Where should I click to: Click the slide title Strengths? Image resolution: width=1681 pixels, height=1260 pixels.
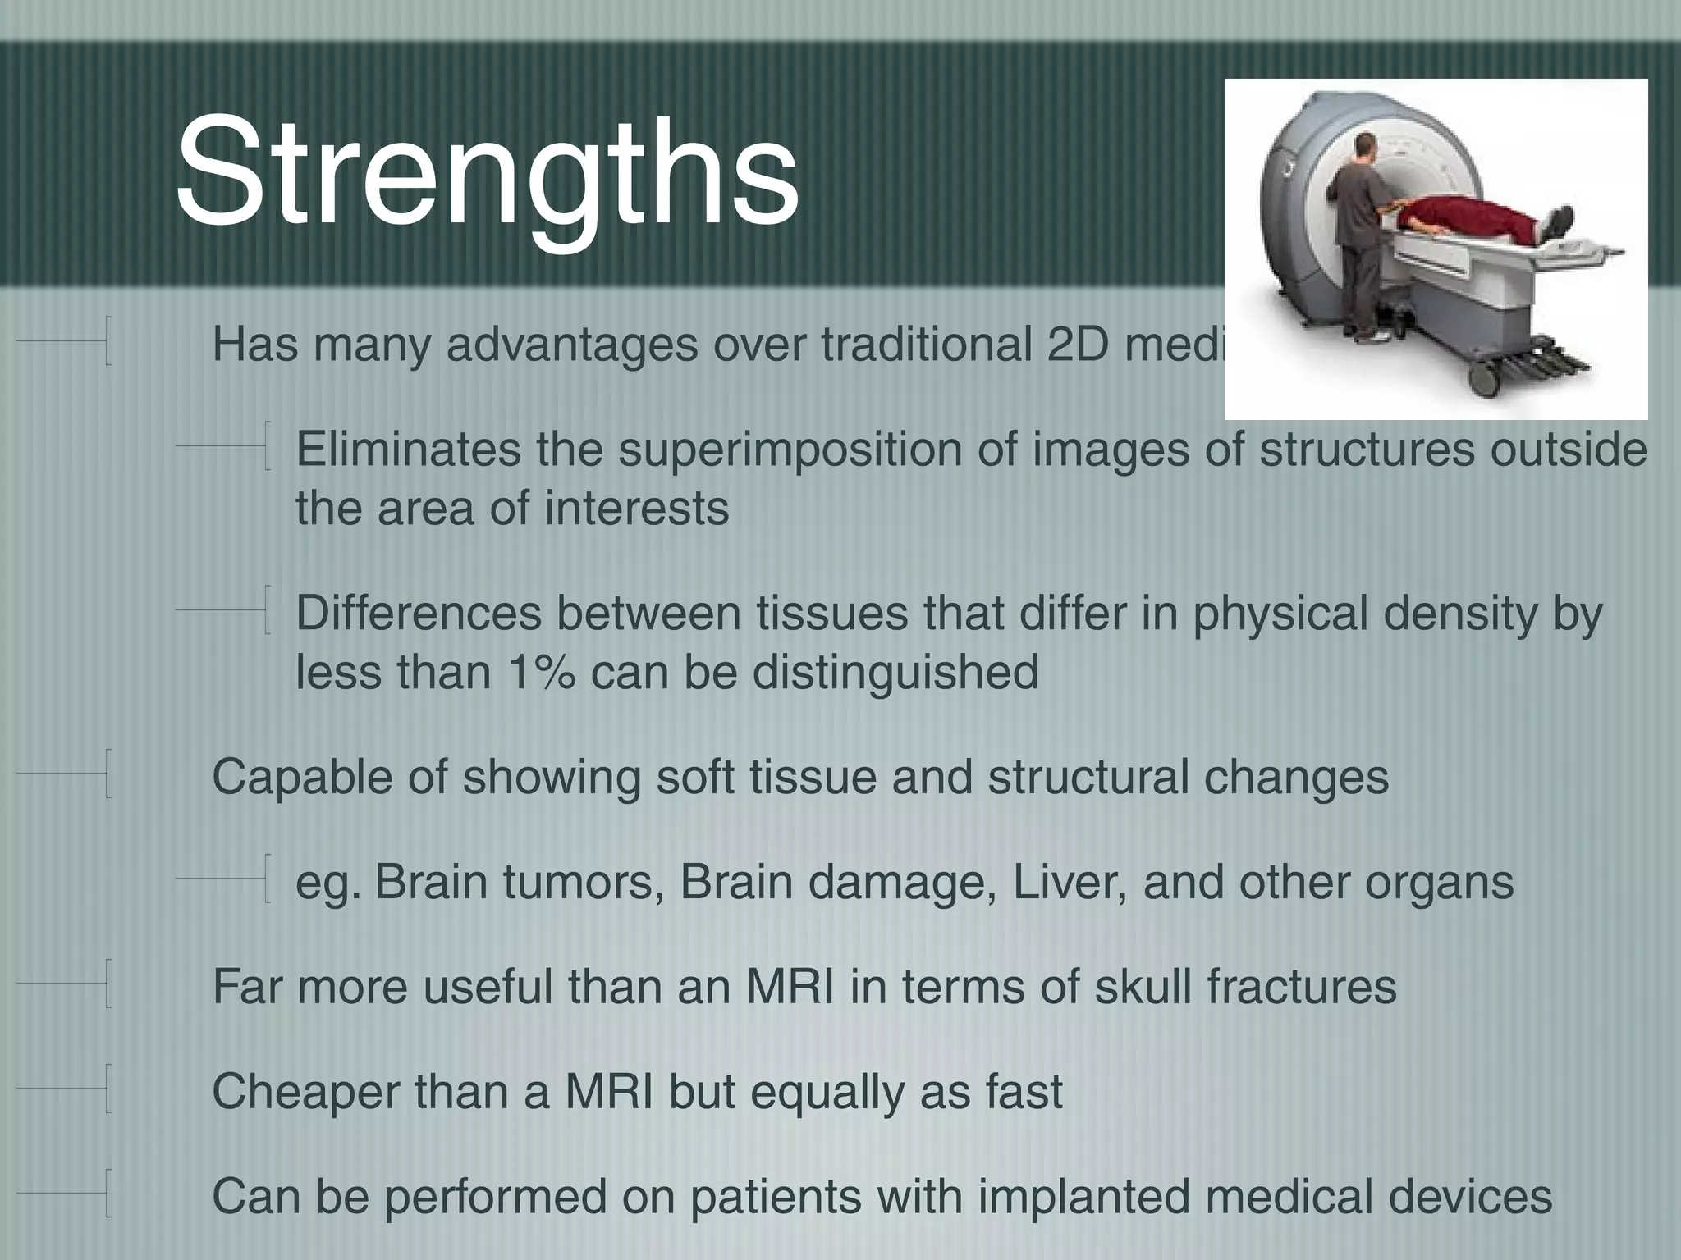486,174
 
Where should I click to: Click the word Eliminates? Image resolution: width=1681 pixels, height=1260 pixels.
408,450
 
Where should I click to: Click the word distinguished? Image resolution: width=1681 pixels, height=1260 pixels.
895,673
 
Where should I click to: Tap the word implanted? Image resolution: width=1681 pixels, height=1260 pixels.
1083,1197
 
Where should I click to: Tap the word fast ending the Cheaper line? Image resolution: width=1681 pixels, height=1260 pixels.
1024,1092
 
